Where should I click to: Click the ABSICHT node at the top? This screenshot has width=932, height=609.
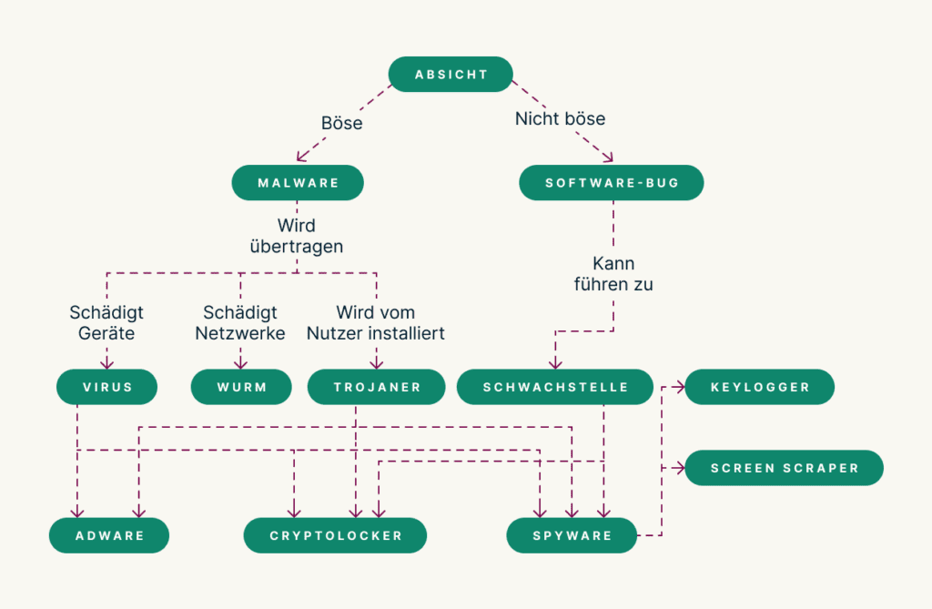[451, 75]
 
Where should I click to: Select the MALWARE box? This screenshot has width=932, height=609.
[298, 182]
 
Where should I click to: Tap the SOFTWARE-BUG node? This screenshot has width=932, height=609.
[612, 182]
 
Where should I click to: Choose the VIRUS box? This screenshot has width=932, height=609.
[107, 387]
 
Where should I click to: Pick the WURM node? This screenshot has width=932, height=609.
[241, 387]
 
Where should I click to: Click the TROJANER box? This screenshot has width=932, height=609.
[377, 387]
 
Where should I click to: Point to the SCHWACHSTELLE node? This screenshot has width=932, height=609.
[555, 387]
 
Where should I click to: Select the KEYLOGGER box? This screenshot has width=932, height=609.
[760, 387]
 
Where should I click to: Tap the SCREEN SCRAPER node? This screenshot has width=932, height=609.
[784, 468]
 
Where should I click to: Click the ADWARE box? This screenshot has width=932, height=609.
[109, 535]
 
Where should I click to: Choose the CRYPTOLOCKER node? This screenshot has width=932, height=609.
[335, 535]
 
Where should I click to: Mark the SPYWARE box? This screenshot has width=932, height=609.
[572, 535]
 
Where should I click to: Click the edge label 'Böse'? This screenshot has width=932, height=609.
[341, 123]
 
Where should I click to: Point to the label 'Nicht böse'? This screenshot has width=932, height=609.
[560, 118]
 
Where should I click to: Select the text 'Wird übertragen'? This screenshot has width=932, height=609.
[298, 235]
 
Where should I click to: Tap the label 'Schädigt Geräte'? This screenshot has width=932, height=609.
[106, 323]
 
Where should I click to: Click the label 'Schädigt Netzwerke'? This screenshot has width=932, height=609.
[240, 323]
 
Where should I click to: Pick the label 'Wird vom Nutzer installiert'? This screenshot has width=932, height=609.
[376, 323]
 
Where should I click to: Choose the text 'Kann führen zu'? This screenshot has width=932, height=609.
[613, 274]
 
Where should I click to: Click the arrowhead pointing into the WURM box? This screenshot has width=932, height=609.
[241, 364]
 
